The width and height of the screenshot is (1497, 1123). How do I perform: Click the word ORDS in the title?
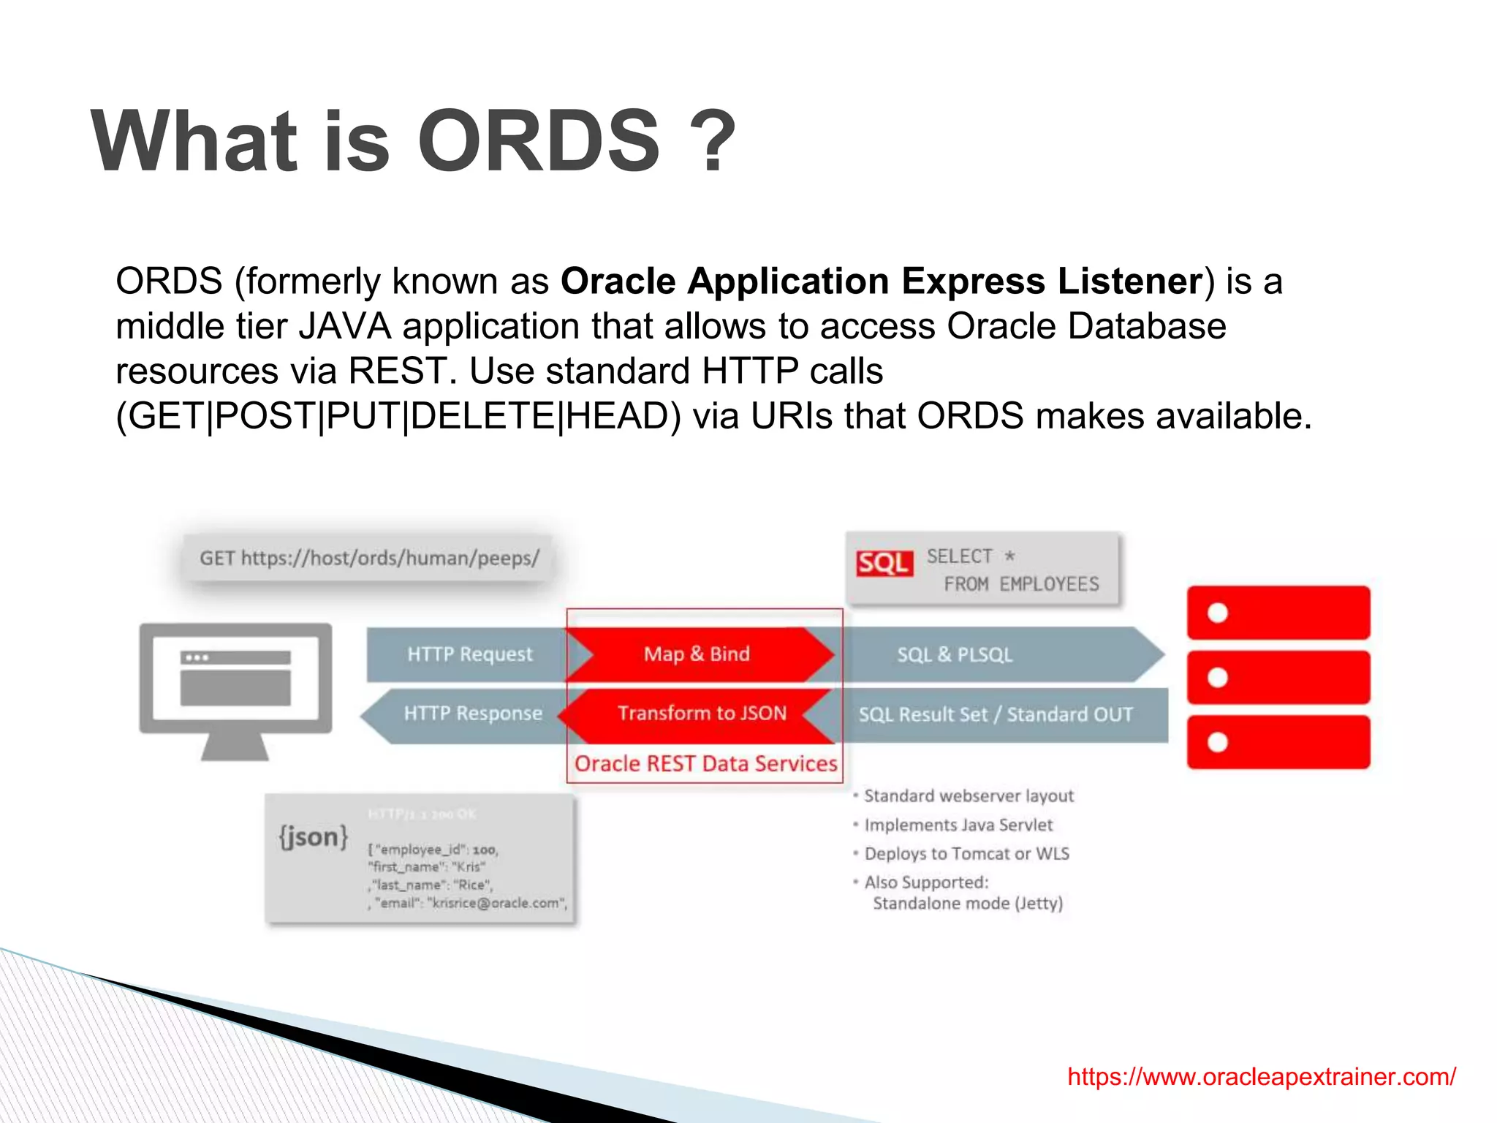(x=539, y=141)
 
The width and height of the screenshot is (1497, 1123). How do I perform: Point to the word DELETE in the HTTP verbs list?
(x=483, y=416)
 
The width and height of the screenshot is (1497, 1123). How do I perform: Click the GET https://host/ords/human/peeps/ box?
(x=368, y=559)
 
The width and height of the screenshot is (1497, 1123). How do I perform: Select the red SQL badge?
(x=884, y=563)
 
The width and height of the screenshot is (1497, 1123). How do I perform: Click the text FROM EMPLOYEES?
(x=1020, y=584)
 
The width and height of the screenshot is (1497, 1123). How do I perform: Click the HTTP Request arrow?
(x=469, y=654)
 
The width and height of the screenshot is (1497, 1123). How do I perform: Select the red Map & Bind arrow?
(x=697, y=654)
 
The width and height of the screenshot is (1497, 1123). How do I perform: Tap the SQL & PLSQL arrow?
(x=955, y=655)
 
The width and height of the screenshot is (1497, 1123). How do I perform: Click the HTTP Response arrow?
(x=473, y=714)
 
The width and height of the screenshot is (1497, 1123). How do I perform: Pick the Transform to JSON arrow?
(x=701, y=714)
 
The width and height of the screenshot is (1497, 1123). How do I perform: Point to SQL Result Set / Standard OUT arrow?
(x=996, y=715)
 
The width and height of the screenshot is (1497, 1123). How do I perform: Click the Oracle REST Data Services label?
(x=705, y=764)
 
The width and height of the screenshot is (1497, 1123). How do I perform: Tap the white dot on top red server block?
(x=1217, y=613)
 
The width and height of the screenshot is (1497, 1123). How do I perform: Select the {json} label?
(x=314, y=836)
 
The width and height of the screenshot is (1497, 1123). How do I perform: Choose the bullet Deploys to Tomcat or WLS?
(x=966, y=854)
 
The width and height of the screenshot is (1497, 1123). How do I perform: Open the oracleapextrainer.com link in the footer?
(x=1262, y=1077)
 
